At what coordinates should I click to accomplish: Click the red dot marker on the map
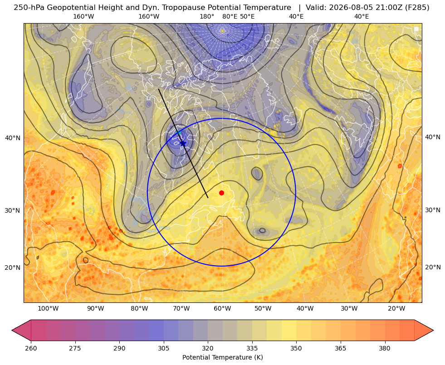[222, 193]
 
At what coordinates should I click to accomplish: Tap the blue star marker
[183, 143]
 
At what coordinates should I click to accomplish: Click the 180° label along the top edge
[207, 16]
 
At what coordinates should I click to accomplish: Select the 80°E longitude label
[230, 16]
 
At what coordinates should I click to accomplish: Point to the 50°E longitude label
[247, 16]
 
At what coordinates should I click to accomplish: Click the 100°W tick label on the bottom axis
[48, 308]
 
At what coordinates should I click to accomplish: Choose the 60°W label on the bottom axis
[222, 308]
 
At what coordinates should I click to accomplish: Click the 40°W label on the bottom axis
[305, 308]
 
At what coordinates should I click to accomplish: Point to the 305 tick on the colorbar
[164, 348]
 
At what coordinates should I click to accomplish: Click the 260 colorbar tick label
[31, 348]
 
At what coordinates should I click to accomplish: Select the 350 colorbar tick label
[296, 348]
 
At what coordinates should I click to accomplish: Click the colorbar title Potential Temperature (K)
[222, 357]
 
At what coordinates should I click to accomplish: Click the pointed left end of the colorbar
[12, 330]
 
